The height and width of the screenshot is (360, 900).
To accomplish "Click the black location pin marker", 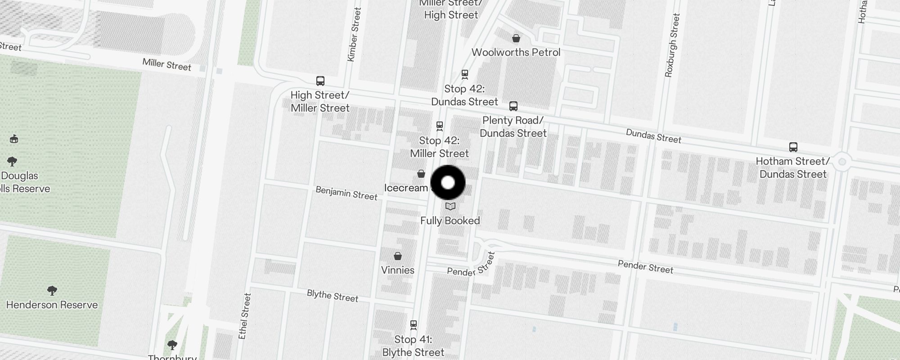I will coord(448,183).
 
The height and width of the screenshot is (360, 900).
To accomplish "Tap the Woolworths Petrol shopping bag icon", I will coord(516,38).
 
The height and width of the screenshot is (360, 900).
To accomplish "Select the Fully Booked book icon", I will coord(450,207).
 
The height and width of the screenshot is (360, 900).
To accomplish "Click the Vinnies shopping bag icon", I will coord(398,256).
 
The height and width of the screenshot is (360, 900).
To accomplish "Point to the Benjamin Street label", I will coord(346,193).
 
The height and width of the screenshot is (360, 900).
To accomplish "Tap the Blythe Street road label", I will coord(333,296).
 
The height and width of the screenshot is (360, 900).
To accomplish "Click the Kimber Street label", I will coord(354,35).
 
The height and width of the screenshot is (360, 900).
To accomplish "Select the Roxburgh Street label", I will coord(672,45).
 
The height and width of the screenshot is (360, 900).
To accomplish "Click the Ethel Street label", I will coord(244,316).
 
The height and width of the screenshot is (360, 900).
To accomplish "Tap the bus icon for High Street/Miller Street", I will coord(320,81).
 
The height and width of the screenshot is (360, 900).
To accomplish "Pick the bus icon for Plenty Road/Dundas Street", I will coord(513,106).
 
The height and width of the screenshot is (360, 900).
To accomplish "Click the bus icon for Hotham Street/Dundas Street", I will coord(793,147).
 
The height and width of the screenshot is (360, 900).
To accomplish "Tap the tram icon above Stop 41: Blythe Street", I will coord(414,324).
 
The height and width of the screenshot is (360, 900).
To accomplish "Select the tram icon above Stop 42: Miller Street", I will coord(440,126).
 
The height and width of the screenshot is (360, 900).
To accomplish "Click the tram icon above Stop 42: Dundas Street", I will coord(465,74).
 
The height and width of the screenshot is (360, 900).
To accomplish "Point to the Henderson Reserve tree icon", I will coord(52,291).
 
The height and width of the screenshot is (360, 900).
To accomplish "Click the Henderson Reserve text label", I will coord(52,305).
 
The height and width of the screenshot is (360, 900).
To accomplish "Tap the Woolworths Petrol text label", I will coord(516,52).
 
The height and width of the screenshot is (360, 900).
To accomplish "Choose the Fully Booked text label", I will coord(450,220).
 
